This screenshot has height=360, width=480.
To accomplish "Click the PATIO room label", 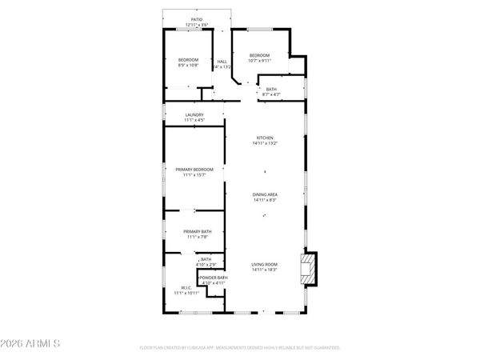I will [196, 19].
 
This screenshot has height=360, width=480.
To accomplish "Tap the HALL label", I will [222, 61].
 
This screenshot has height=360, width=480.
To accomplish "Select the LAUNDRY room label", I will [194, 114].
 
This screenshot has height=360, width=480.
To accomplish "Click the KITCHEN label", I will [264, 138].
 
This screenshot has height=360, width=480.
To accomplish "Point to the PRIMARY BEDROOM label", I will [195, 169].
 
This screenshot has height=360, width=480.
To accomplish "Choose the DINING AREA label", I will [264, 194].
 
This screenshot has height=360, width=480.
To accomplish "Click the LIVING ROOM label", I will [264, 264].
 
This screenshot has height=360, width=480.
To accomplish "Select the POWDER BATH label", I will [213, 277].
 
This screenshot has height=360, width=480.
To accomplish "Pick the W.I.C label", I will [186, 288].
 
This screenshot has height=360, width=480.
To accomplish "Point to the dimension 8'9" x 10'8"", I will [188, 66].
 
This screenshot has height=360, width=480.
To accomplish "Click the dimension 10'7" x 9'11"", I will [260, 60].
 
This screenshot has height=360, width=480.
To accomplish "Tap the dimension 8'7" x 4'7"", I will [271, 95].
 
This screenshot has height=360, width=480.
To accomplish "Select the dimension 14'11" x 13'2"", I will [264, 144].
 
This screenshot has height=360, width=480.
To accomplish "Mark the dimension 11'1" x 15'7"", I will [195, 175].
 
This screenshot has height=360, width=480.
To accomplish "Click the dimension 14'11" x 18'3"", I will [264, 270].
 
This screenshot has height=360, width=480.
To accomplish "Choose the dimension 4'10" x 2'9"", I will [206, 264].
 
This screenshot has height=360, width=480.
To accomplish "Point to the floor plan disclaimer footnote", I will [240, 348].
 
